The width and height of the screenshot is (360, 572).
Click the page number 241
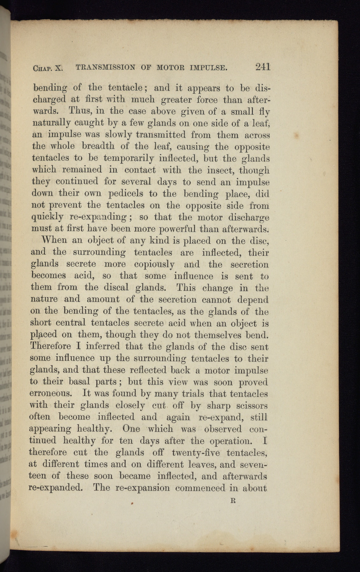[262, 67]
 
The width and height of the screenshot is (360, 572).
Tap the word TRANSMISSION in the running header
[105, 67]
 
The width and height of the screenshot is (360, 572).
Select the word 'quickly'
[47, 217]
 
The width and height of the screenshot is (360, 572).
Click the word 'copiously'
[155, 265]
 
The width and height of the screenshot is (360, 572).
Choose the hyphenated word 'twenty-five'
[196, 453]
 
